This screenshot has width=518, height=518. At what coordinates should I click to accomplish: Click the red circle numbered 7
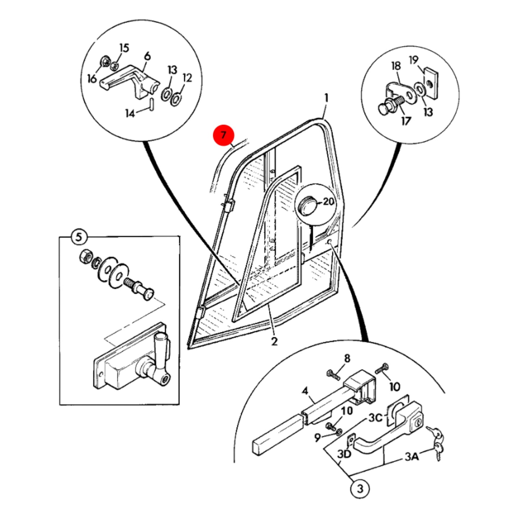223,135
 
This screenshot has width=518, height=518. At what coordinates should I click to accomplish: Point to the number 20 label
328,201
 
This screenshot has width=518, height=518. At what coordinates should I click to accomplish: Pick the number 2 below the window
274,341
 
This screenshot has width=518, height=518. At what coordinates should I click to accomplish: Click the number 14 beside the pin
130,114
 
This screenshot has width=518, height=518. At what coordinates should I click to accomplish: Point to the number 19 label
414,60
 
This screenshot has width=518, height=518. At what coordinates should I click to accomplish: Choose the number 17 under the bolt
406,121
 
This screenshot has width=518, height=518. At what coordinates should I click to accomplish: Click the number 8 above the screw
347,358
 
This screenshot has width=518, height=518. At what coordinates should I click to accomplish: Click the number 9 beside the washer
318,438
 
